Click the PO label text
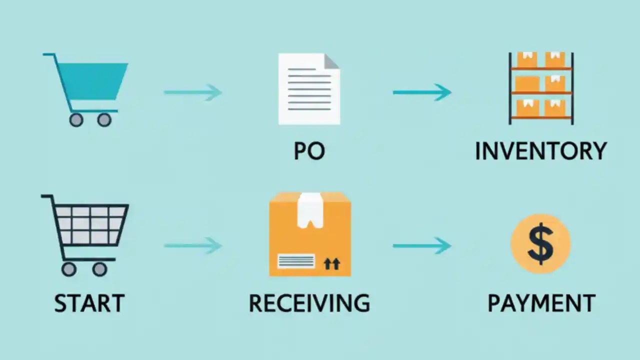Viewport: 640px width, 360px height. click(309, 151)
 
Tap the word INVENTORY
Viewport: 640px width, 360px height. click(540, 151)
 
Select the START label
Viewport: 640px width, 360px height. click(89, 303)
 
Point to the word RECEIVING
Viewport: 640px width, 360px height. click(309, 303)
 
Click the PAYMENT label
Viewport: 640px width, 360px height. click(541, 303)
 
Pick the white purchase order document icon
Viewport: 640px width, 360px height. click(307, 92)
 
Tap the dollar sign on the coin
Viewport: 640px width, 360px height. click(540, 244)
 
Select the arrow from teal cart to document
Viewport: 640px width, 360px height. click(193, 92)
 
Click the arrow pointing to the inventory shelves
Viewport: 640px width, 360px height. click(422, 92)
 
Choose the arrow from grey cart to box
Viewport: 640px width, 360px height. click(193, 245)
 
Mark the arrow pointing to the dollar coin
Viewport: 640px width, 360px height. click(422, 245)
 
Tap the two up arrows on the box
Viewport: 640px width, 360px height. click(331, 263)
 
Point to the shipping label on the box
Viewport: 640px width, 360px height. click(296, 261)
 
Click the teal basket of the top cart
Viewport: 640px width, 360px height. click(95, 80)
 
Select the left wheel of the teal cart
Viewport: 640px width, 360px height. click(76, 120)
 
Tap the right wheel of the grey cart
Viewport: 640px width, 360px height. click(99, 269)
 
